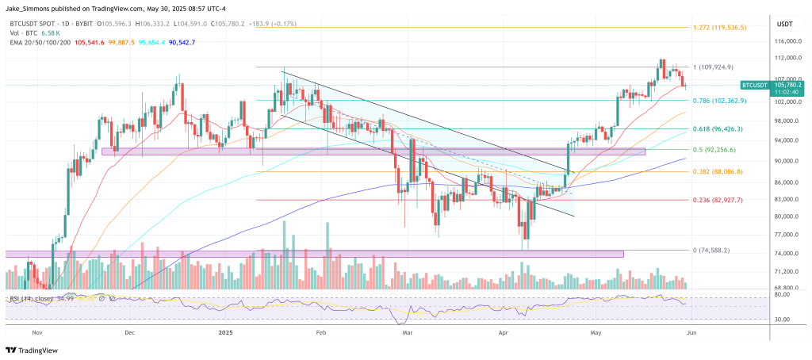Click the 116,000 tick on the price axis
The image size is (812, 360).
pos(787,40)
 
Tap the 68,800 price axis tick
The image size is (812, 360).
pos(785,287)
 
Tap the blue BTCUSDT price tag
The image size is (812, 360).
pos(759,84)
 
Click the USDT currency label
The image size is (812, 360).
pos(784,24)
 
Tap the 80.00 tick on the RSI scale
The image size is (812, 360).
pos(783,295)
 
